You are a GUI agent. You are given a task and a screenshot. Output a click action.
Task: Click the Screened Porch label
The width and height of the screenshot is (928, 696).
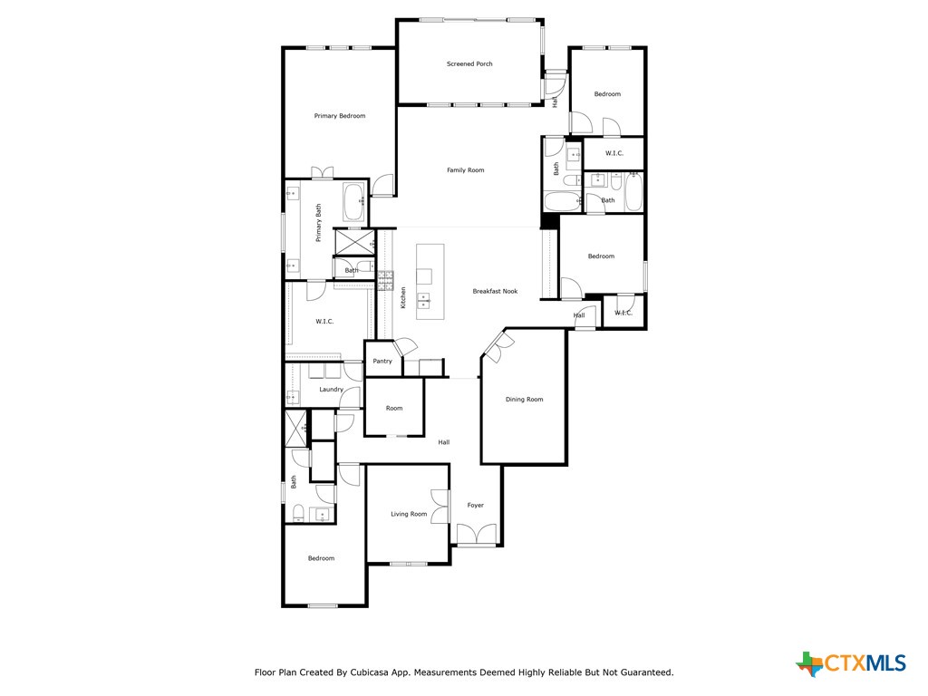click(x=469, y=64)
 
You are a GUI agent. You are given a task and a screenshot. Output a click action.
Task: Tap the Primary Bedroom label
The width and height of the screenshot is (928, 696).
click(x=340, y=116)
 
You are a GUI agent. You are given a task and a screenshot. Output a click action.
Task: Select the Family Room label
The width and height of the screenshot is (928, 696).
click(x=466, y=170)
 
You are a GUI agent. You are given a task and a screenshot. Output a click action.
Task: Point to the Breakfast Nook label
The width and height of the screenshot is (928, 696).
click(x=495, y=292)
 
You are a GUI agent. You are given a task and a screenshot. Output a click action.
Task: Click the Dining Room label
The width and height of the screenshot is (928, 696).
click(x=524, y=400)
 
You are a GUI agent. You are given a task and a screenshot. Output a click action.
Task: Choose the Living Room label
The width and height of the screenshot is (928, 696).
click(x=409, y=515)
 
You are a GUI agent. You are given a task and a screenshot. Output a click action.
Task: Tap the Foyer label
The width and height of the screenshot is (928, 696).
click(x=476, y=506)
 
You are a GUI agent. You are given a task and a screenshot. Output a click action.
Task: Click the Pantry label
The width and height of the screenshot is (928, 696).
click(x=382, y=362)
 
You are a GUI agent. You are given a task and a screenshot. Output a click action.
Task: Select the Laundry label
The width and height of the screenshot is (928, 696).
click(x=331, y=390)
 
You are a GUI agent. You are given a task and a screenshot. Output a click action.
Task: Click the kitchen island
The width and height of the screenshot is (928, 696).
click(x=424, y=281)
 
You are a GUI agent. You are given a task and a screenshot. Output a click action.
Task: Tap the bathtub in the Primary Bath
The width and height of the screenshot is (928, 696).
click(x=354, y=199)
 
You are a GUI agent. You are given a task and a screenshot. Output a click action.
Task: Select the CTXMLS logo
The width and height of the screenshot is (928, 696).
click(x=851, y=663)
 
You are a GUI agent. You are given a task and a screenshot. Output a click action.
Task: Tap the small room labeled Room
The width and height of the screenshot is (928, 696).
click(x=394, y=409)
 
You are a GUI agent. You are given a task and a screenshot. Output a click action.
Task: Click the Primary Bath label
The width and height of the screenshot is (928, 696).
click(x=319, y=223)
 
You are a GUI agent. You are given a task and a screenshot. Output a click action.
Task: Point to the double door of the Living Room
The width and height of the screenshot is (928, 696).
click(x=440, y=507)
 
